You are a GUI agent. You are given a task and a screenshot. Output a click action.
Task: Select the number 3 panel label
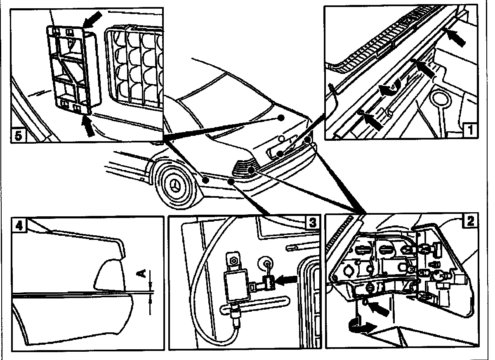coord(313,223)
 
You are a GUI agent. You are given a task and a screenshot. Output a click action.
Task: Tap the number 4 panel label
coord(19,225)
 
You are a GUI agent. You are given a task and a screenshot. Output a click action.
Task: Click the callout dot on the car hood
coord(281,118)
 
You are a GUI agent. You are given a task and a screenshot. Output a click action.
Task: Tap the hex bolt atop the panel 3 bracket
coord(233,261)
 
